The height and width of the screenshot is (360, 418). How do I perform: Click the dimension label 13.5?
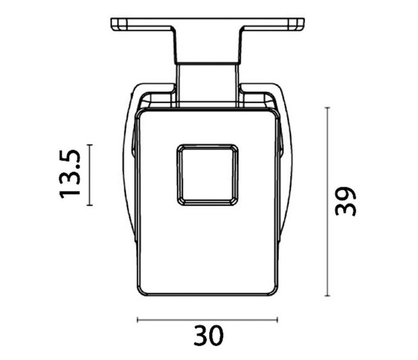69,175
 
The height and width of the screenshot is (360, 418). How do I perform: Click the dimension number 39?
345,201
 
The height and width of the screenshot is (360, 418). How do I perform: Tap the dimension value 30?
208,335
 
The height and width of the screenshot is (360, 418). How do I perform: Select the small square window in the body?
208,175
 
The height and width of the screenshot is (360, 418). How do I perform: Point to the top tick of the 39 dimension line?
328,108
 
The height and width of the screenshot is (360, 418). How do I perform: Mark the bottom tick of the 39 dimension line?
328,296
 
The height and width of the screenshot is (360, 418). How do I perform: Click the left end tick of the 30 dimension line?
137,319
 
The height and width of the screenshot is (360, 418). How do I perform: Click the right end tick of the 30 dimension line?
278,319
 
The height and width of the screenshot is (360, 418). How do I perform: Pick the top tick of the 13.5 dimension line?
90,145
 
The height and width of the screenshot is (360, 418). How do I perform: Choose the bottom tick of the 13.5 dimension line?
90,205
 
